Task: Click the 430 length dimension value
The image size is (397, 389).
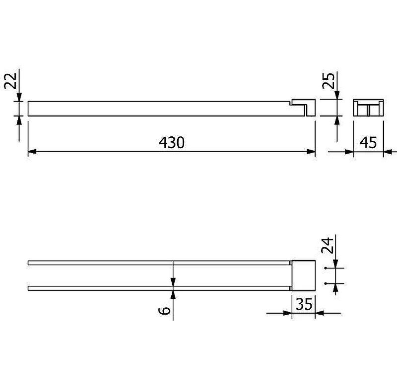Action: tap(172, 143)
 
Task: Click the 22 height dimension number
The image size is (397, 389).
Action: tap(11, 81)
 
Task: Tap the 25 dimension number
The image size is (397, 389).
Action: tap(329, 81)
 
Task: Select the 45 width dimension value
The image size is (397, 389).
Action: tap(368, 143)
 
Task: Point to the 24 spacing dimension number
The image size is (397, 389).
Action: tap(327, 245)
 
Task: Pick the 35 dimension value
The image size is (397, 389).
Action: tap(304, 304)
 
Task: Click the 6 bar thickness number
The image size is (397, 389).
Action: tap(164, 311)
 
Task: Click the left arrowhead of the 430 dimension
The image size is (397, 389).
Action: tap(32, 152)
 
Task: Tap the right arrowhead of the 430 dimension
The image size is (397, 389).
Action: tap(311, 152)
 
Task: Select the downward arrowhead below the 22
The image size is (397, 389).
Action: tap(19, 97)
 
